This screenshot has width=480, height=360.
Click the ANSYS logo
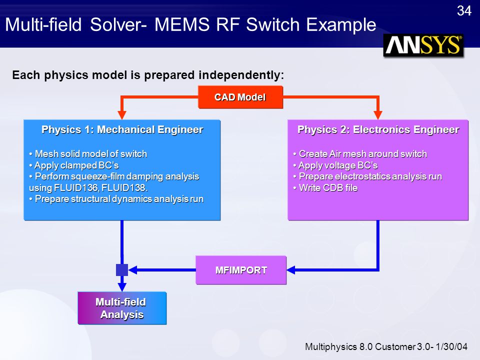(423, 45)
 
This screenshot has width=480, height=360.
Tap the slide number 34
(464, 11)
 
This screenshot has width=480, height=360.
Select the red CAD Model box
(240, 97)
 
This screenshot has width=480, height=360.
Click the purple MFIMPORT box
(241, 270)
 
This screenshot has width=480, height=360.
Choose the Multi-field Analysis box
(122, 308)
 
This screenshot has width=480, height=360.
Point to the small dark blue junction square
(122, 270)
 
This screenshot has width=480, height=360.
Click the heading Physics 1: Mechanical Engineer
(122, 129)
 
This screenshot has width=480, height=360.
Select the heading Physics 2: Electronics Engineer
(378, 129)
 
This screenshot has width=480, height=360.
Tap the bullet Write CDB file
(325, 187)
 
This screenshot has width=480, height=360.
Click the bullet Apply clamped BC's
(74, 165)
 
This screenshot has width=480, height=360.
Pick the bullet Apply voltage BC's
(335, 165)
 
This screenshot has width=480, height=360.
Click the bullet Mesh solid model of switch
(88, 153)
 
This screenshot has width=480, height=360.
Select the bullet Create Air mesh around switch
(360, 153)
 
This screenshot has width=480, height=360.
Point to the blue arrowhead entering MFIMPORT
(291, 270)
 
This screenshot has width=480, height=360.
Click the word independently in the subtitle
(241, 75)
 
